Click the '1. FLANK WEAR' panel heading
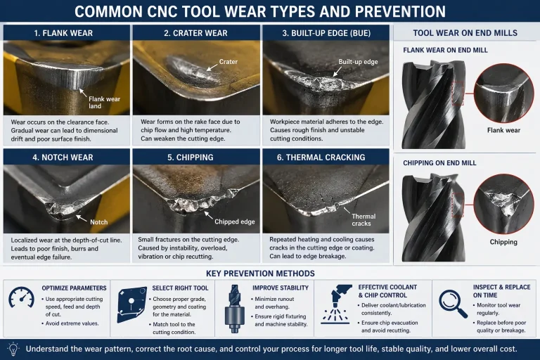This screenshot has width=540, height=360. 63,33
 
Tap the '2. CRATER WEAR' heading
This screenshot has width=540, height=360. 195,33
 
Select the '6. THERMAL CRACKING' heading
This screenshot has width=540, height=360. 321,157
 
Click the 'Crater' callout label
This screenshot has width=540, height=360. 229,62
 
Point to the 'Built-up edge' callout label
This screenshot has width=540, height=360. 358,62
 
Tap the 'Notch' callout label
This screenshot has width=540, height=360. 99,222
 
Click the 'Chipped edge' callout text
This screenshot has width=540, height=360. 235,221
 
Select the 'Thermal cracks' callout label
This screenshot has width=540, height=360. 364,220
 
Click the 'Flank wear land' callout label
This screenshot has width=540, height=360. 104,103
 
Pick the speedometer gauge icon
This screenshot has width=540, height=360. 21,297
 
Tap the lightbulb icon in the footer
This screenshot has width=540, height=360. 13,349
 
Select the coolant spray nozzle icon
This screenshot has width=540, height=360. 336,304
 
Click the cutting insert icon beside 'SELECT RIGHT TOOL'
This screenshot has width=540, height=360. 131,304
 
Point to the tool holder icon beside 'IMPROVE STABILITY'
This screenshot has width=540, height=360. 235,309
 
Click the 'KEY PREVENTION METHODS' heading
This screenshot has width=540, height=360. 260,274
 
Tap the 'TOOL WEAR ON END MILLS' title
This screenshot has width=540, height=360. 465,33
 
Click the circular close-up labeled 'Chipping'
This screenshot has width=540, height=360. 503,204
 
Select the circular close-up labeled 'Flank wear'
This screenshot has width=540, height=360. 503,93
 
